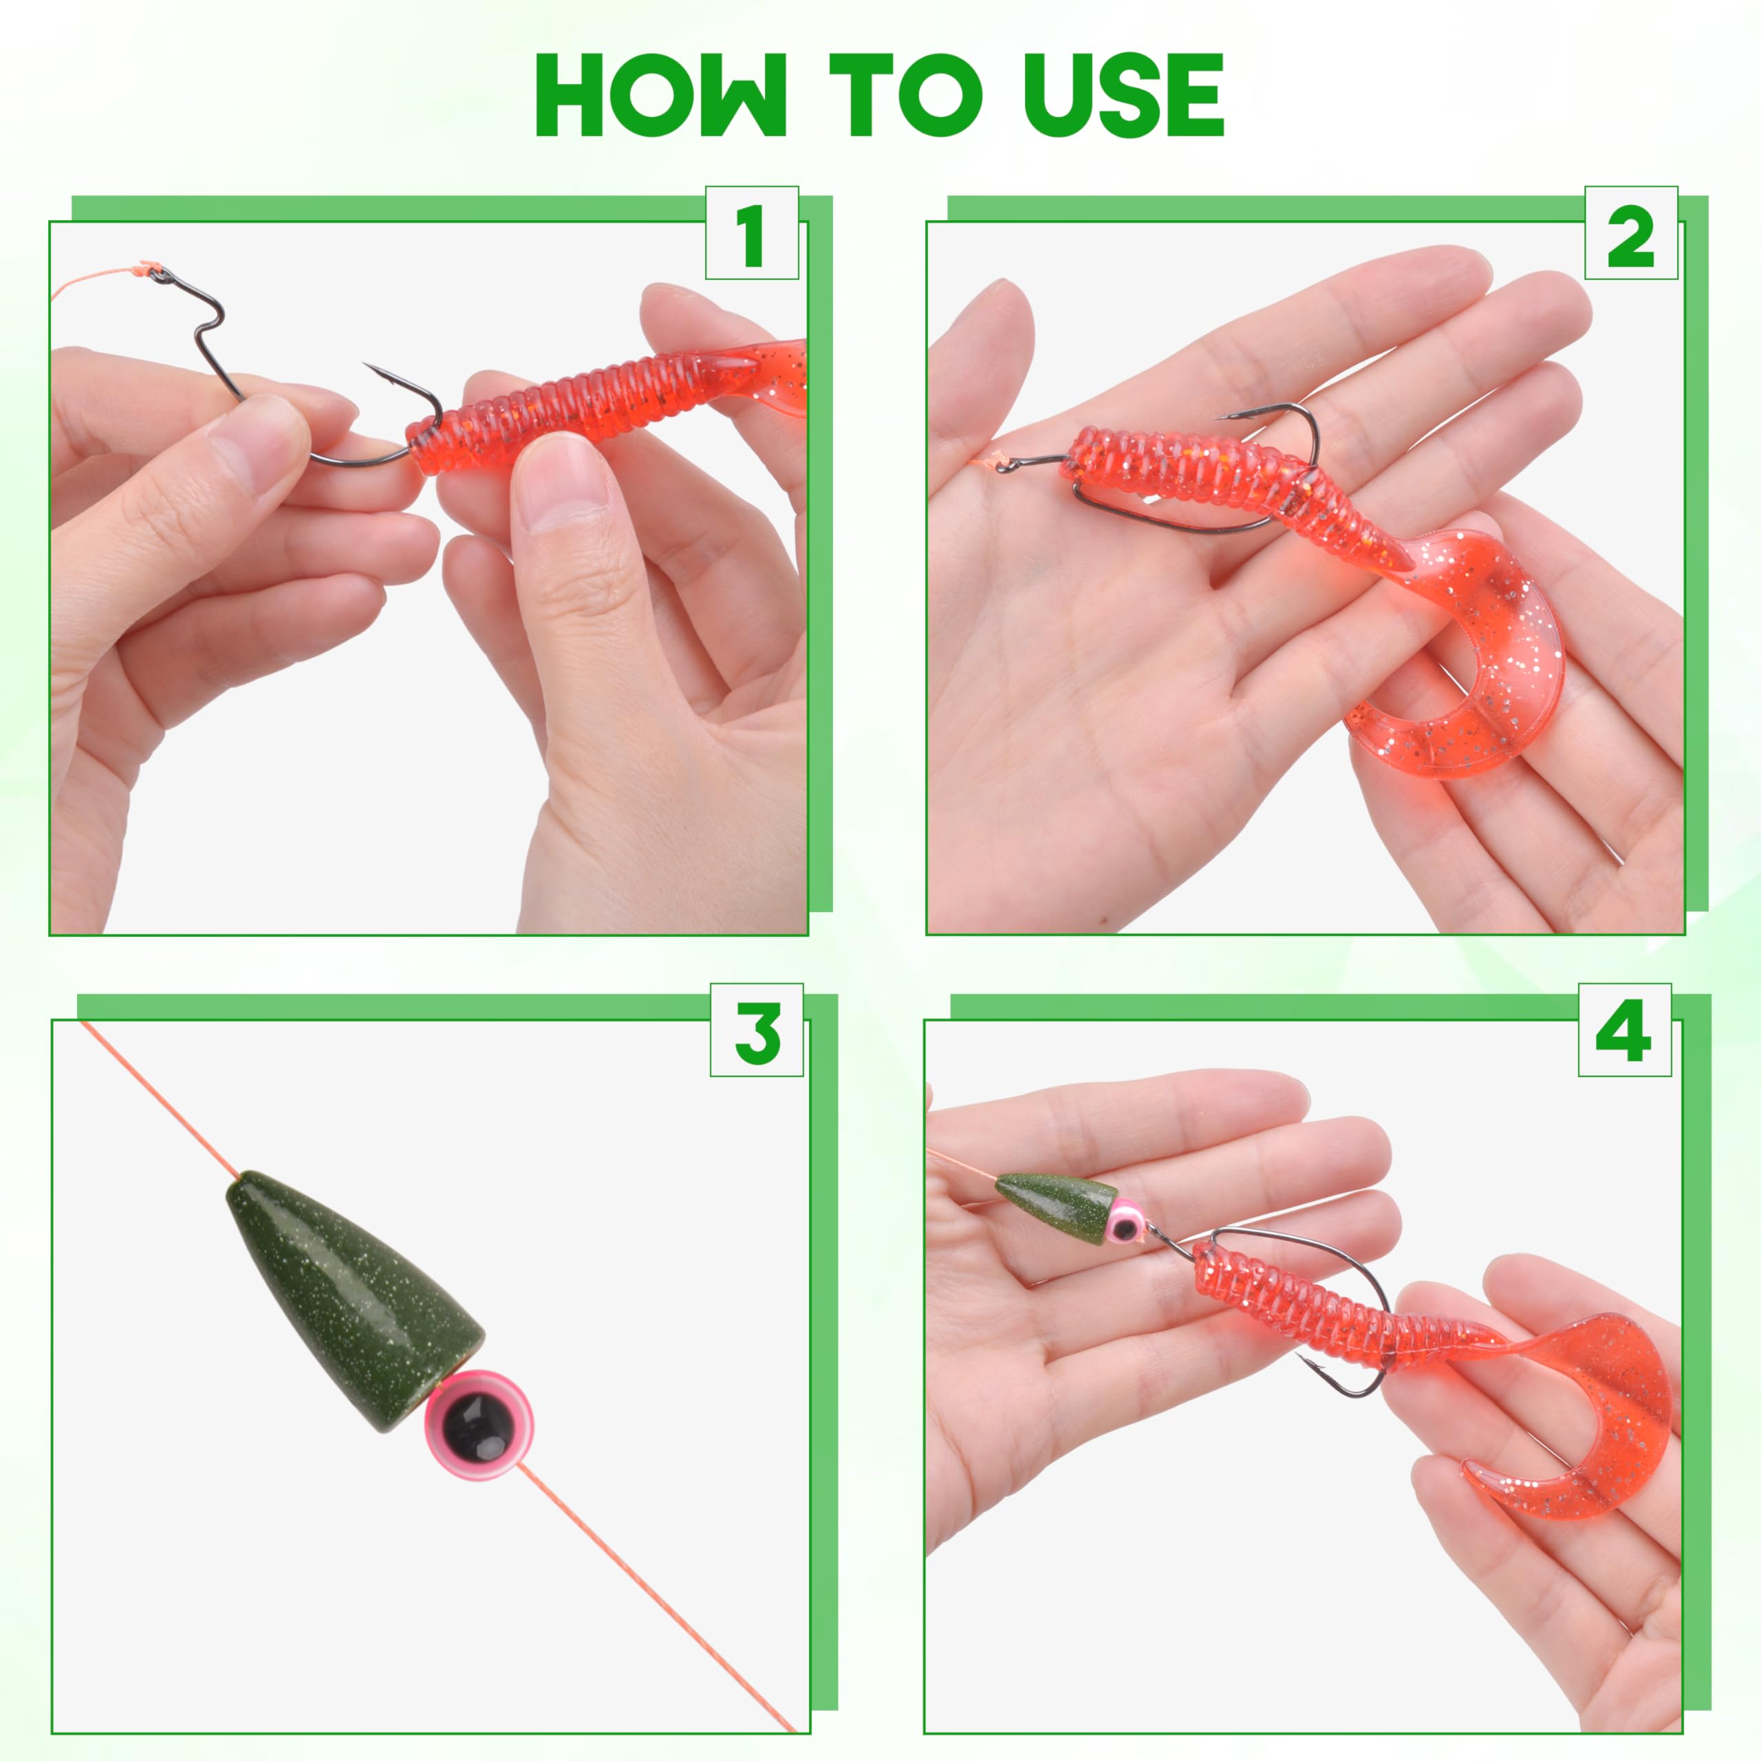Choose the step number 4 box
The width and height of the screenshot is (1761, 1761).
[x=1624, y=1030]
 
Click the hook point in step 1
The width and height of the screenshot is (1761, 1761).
[x=367, y=367]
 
